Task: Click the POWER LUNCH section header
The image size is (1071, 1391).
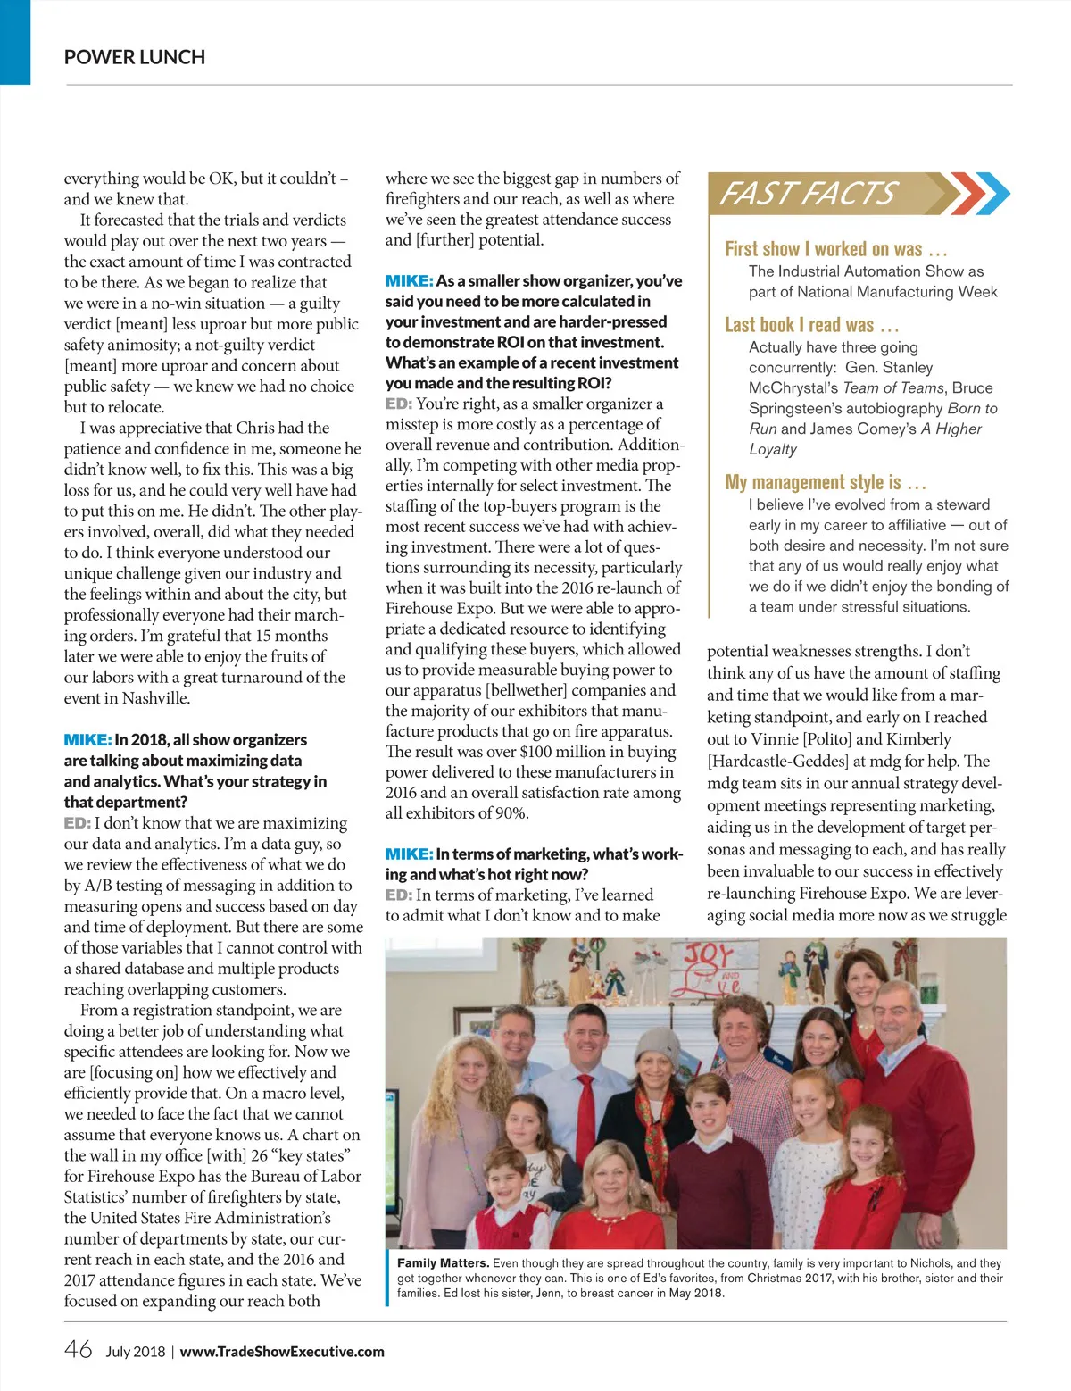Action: pos(135,57)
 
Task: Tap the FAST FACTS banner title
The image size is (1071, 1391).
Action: pos(808,194)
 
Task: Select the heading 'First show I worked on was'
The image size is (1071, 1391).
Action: pos(835,249)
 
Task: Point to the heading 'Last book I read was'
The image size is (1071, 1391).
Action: pos(811,325)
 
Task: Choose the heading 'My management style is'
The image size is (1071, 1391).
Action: pos(826,483)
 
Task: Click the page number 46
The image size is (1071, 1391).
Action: pos(78,1349)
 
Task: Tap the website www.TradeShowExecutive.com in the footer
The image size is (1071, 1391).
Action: pos(282,1352)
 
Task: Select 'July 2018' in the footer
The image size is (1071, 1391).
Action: pos(135,1352)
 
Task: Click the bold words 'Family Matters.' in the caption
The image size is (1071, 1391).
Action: pos(443,1263)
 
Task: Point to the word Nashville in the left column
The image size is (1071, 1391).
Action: pos(156,698)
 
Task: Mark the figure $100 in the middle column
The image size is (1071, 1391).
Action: pos(535,752)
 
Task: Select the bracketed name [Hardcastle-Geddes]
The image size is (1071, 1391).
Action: pos(777,762)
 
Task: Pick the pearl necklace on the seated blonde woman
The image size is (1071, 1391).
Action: pos(613,1216)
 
